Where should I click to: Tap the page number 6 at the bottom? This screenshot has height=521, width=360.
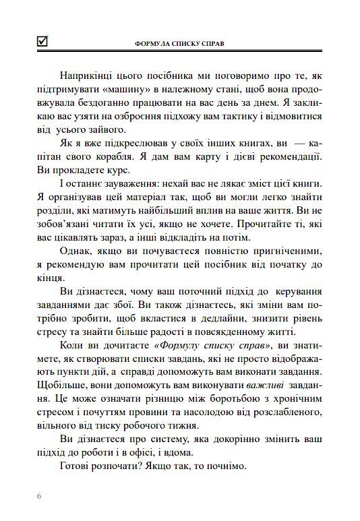coord(40,497)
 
